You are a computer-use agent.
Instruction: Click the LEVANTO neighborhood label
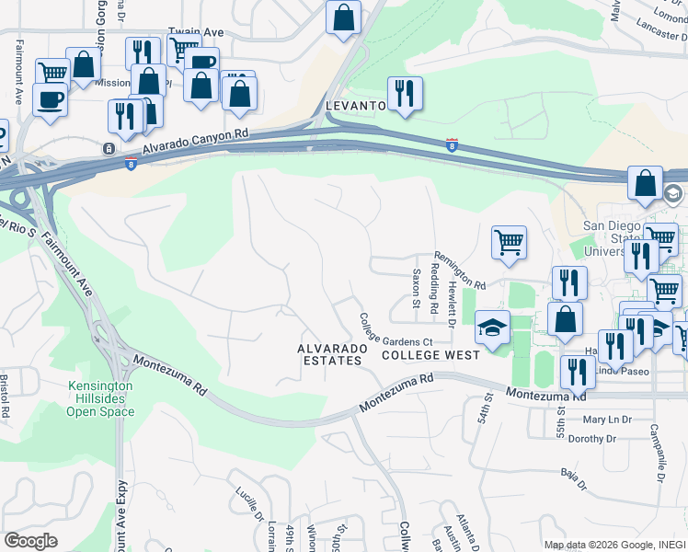coord(355,107)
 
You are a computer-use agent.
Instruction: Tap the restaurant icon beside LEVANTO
coord(405,93)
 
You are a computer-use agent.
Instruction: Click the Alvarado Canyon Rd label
coord(196,142)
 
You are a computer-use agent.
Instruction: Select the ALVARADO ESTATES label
coord(333,355)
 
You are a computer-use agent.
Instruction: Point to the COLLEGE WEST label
coord(430,355)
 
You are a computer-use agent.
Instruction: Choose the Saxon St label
coord(417,288)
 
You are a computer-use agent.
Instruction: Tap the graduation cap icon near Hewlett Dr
coord(493,328)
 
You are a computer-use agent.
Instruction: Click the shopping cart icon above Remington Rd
coord(509,243)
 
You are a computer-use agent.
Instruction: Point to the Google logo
coord(30,541)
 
